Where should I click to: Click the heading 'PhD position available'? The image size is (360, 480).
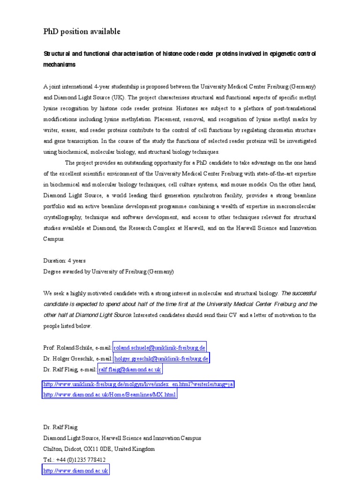(x=82, y=31)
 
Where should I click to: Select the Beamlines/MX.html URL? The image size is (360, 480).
(x=110, y=395)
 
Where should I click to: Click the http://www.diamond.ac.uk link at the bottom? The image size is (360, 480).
(x=76, y=471)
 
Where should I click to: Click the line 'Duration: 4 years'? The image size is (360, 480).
(x=65, y=261)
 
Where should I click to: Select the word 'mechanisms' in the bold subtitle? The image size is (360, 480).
(x=60, y=65)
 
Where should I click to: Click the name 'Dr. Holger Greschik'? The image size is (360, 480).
(x=69, y=359)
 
